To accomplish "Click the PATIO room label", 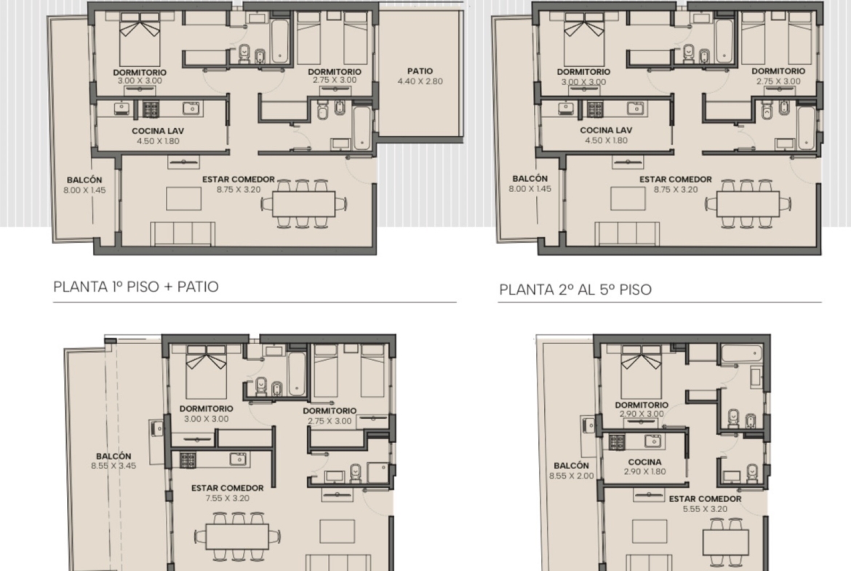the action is coord(420,71).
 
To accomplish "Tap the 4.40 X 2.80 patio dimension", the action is coord(420,81).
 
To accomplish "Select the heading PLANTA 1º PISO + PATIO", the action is coord(136,287).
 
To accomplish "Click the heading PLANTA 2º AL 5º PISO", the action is coord(575,290).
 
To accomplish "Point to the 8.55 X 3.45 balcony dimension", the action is coord(113,466).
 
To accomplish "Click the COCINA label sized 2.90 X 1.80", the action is coord(644,462).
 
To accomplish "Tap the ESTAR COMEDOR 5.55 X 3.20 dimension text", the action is coord(705,509).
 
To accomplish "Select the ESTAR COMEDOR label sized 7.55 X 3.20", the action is coord(228,488).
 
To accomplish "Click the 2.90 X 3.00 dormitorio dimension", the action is coord(642,414).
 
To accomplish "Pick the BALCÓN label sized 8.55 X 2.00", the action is coord(571,466).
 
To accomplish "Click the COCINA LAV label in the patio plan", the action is coord(158,131).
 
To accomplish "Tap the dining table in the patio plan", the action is coord(303,204).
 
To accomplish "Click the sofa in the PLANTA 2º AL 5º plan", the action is coord(628,233).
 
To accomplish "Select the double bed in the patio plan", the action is coord(140,39).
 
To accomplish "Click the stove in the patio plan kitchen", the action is coord(151,109).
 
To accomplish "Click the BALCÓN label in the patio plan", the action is coord(84,180).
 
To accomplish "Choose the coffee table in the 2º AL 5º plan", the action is coord(628,199).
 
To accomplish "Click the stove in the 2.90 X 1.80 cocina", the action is coord(617,442).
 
